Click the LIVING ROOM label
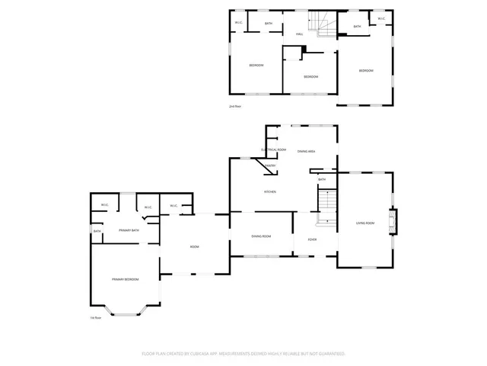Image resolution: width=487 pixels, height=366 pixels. click(x=365, y=223)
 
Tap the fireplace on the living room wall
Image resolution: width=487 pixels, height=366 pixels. click(x=393, y=222)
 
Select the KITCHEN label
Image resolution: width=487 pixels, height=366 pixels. click(x=269, y=191)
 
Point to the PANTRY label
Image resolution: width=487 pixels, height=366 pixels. click(x=269, y=165)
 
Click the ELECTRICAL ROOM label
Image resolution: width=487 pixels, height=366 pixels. click(x=273, y=149)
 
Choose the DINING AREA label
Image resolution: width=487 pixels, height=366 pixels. click(x=306, y=152)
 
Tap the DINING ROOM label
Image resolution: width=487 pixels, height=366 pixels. click(x=261, y=236)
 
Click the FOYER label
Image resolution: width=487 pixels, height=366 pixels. click(x=312, y=239)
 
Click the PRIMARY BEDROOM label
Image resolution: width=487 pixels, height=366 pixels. click(x=125, y=280)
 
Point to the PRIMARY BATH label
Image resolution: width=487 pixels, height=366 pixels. click(x=129, y=230)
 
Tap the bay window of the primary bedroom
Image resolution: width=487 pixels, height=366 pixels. click(x=126, y=310)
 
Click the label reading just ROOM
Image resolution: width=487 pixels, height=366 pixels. click(x=194, y=246)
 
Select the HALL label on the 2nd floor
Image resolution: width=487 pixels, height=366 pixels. click(x=300, y=34)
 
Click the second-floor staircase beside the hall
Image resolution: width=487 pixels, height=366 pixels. click(x=325, y=26)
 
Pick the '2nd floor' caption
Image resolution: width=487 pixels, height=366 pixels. click(x=235, y=106)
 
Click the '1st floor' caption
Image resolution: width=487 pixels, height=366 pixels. click(x=96, y=317)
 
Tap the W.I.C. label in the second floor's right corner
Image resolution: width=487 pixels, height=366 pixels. click(x=380, y=18)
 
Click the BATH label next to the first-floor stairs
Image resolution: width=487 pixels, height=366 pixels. click(x=322, y=179)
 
